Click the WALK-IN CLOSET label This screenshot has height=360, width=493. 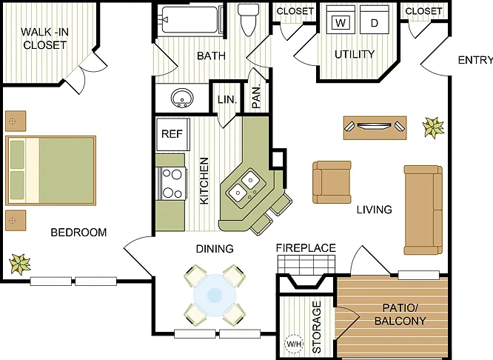44,39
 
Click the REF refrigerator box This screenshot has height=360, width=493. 172,134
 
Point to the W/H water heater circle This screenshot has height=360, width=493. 294,344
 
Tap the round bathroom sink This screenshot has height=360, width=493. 182,98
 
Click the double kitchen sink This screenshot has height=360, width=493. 244,186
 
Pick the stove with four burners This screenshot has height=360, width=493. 172,183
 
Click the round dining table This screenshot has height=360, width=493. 215,295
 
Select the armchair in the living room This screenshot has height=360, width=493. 332,182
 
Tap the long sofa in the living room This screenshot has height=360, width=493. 423,210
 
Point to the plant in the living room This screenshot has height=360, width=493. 434,127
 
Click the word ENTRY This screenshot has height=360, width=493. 475,60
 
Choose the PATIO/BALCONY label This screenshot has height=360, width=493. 400,314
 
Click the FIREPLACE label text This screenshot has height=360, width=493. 306,248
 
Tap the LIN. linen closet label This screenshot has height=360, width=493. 227,100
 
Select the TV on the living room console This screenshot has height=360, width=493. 374,126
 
